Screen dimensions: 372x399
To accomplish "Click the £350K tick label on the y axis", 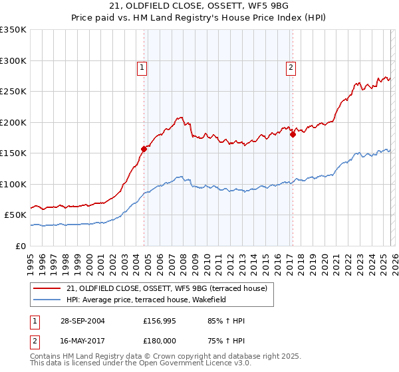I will [13, 30].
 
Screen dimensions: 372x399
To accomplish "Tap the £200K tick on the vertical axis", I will [13, 122].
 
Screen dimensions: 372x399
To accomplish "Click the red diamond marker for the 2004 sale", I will [144, 149].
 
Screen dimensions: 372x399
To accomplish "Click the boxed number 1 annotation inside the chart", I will [142, 66].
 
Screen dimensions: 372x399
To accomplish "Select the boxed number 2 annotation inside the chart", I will [291, 66].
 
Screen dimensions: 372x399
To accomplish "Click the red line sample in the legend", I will [47, 288].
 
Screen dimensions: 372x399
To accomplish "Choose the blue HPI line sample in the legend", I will [47, 300].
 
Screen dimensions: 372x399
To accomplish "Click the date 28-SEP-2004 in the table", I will [80, 321].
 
